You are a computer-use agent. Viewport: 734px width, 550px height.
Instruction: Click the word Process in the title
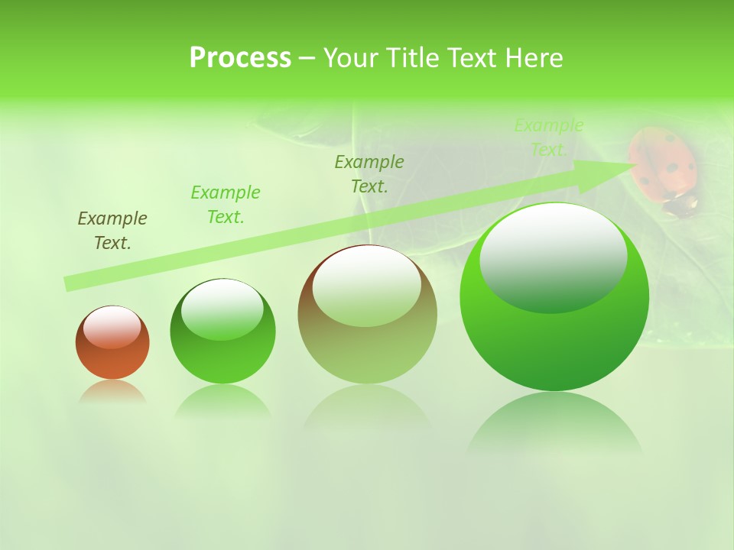(x=240, y=57)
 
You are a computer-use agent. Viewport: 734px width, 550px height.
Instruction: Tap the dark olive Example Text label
(x=112, y=230)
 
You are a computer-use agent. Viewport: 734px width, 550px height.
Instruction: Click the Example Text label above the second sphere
(x=226, y=204)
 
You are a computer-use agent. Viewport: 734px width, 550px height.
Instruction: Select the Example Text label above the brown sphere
(x=369, y=173)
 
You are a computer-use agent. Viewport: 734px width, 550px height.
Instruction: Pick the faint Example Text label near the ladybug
(x=549, y=137)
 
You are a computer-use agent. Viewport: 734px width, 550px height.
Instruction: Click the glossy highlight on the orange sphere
(x=112, y=327)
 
